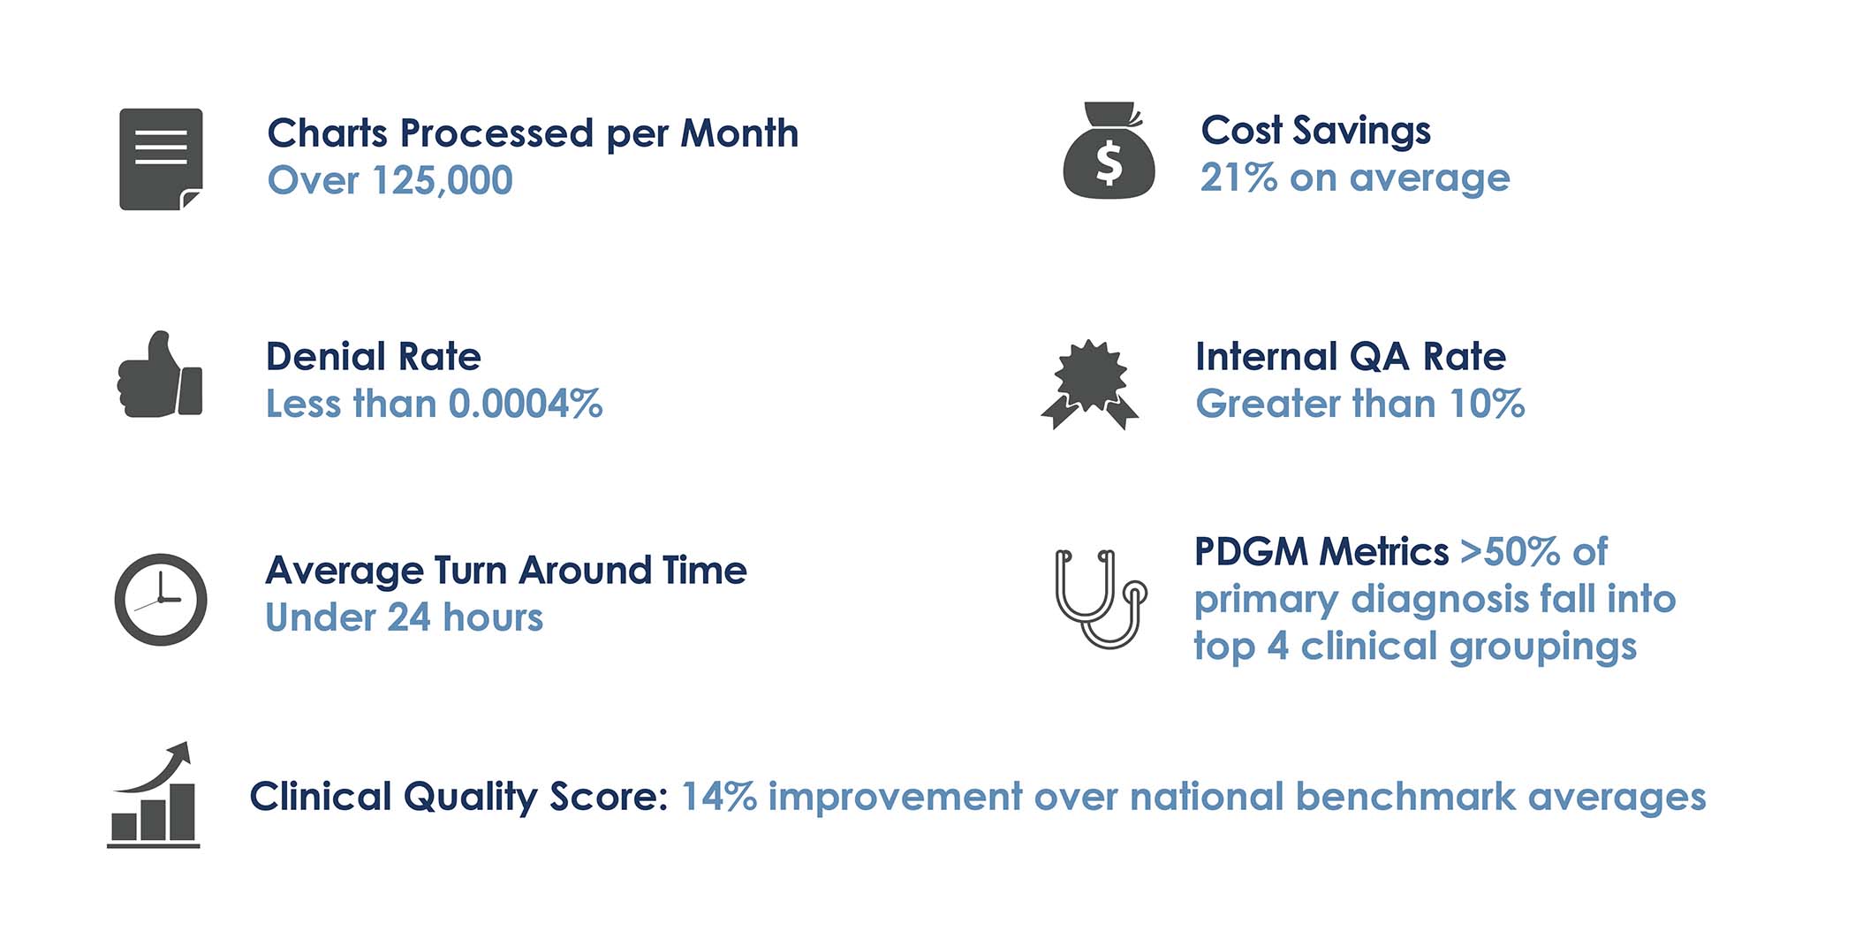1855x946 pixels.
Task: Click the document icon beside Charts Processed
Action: pos(162,159)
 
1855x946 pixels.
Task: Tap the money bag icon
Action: pos(1109,151)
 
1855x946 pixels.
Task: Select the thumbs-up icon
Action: pos(160,375)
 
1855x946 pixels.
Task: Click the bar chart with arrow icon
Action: pos(154,795)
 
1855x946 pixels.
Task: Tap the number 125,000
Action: pos(442,181)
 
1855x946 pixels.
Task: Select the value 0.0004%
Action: pos(526,405)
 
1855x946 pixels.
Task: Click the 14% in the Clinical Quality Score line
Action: pos(719,797)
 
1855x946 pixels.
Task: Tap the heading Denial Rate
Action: pos(374,357)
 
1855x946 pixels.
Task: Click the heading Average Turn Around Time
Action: pos(506,571)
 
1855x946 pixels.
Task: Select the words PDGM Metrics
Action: pos(1321,552)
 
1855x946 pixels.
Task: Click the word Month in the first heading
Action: pos(739,133)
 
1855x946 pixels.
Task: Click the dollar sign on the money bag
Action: pos(1109,163)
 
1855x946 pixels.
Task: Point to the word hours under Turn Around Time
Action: pos(493,617)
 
